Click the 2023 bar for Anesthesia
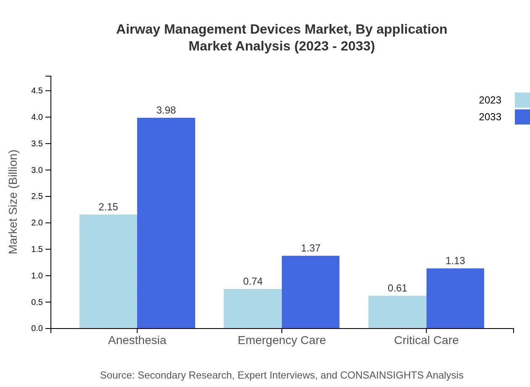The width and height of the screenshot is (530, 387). click(x=108, y=271)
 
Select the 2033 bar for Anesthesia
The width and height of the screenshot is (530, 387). click(x=166, y=223)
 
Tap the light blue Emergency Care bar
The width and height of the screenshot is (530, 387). click(x=252, y=308)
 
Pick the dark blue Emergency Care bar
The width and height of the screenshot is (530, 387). click(x=310, y=292)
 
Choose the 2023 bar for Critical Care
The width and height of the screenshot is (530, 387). click(x=397, y=312)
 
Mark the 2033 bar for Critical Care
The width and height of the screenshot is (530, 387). click(x=455, y=298)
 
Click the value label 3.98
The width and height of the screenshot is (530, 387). click(x=166, y=110)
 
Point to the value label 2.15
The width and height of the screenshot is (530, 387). click(x=108, y=207)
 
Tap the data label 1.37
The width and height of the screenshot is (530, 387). click(x=310, y=248)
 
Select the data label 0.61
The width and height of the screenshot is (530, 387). click(x=397, y=288)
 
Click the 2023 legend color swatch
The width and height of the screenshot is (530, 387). click(x=522, y=100)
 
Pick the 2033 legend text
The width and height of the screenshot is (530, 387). click(x=490, y=117)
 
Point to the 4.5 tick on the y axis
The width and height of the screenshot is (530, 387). click(x=37, y=91)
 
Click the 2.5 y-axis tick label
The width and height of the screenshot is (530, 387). click(x=37, y=196)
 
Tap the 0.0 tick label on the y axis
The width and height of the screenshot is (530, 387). click(x=37, y=329)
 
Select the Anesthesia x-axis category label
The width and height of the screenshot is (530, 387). click(x=137, y=340)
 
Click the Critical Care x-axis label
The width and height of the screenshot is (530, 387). click(x=426, y=340)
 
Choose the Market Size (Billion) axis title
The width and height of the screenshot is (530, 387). click(x=13, y=202)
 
